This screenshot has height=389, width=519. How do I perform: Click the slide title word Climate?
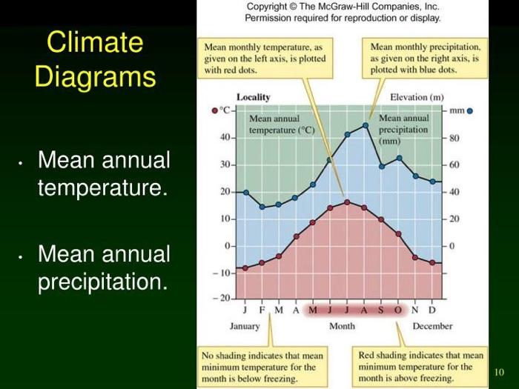pos(95,42)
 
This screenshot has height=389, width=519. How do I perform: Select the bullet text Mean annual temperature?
pos(104,173)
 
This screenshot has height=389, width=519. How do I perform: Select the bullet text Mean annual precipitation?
pos(104,268)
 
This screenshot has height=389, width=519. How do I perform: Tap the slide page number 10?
pos(498,371)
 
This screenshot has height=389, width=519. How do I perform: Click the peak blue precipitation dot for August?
pos(365,125)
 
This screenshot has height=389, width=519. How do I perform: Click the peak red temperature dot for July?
pos(347,202)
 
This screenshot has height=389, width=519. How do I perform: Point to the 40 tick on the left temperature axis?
pos(225,138)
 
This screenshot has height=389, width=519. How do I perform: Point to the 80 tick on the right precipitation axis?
pos(454,138)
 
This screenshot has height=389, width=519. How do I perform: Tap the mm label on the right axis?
pos(459,110)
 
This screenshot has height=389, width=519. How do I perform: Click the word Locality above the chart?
pos(253,97)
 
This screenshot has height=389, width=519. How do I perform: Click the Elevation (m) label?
pos(417,97)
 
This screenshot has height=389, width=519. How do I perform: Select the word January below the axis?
pos(245,326)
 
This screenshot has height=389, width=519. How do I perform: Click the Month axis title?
pos(342,326)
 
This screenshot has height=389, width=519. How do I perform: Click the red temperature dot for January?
pos(245,268)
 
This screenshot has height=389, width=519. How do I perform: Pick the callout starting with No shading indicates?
pos(263,367)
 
